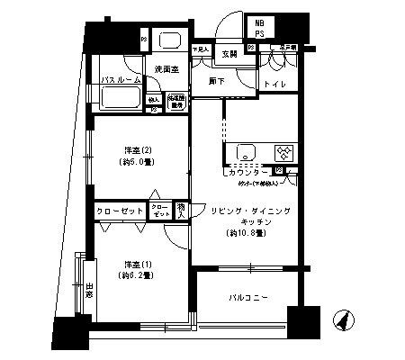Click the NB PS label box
click(259, 27)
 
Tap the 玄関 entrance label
click(229, 53)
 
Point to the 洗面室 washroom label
click(165, 68)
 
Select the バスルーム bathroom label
click(119, 80)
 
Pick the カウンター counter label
click(248, 170)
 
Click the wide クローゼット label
click(121, 211)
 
